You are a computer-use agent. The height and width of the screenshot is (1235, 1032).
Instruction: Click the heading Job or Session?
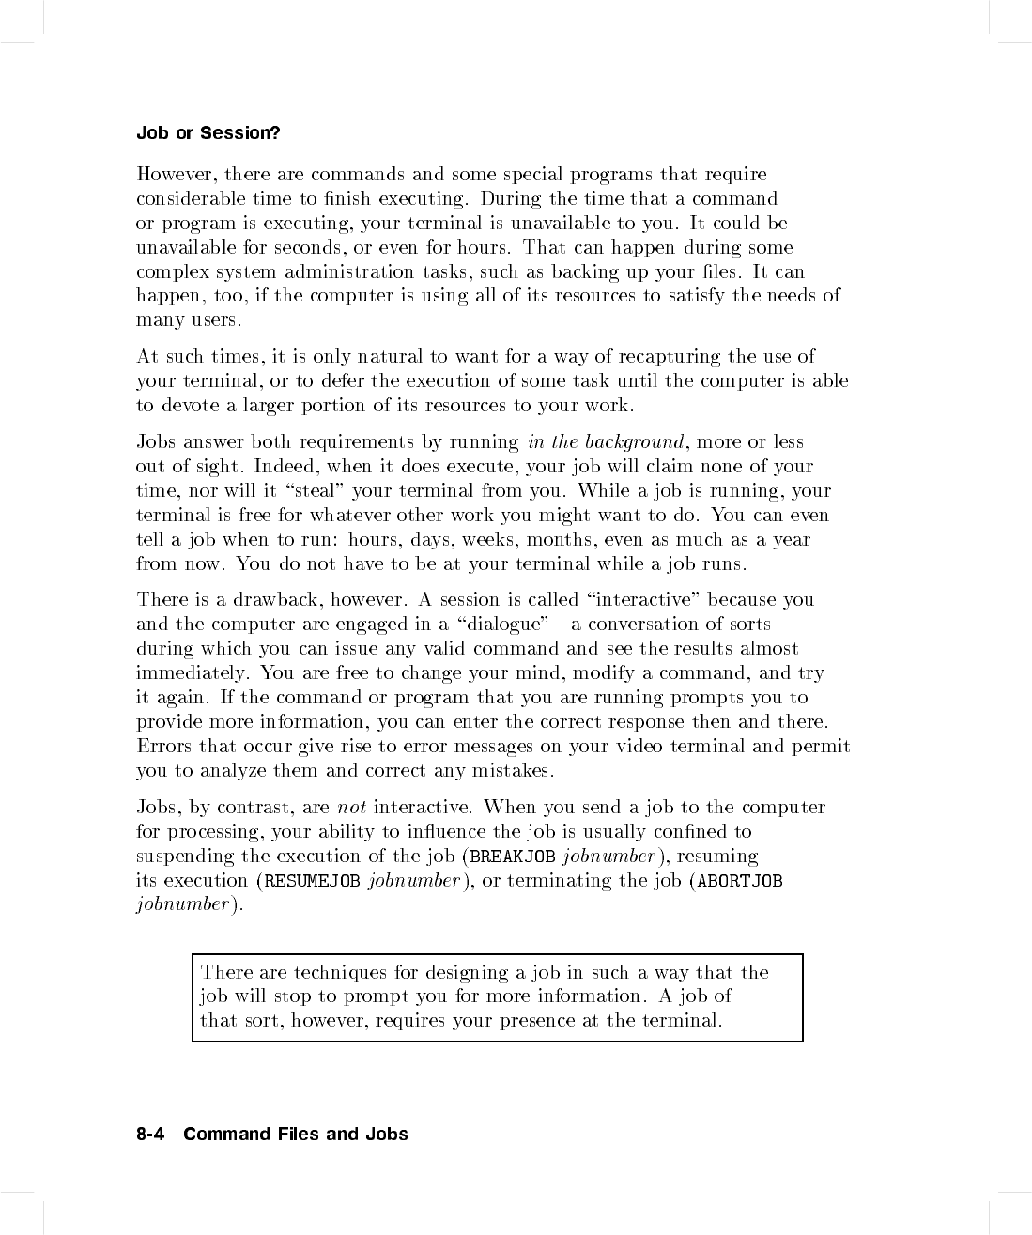pyautogui.click(x=208, y=133)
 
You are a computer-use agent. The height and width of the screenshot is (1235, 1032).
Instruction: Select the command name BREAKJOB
pyautogui.click(x=513, y=857)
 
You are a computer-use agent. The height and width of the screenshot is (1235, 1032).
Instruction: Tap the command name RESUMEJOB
pyautogui.click(x=313, y=881)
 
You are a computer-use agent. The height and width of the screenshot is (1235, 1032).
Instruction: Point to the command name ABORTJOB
pyautogui.click(x=740, y=881)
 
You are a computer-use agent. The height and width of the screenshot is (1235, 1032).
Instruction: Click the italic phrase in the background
pyautogui.click(x=606, y=442)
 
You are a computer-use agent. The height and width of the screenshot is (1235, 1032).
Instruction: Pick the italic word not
pyautogui.click(x=351, y=808)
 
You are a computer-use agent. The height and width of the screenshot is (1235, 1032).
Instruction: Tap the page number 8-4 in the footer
pyautogui.click(x=150, y=1135)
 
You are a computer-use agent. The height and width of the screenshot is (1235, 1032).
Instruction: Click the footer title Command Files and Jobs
pyautogui.click(x=296, y=1135)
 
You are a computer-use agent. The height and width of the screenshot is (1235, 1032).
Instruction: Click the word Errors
pyautogui.click(x=164, y=747)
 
